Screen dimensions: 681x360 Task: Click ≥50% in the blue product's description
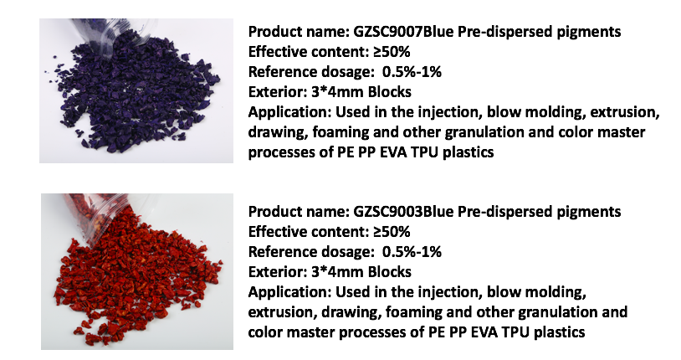click(392, 52)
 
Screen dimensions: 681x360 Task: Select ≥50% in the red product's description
click(392, 232)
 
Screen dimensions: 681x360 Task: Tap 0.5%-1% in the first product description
click(412, 72)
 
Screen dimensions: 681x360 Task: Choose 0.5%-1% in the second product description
click(412, 252)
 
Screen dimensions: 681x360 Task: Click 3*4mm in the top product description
click(337, 92)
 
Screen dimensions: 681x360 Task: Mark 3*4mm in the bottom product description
click(337, 272)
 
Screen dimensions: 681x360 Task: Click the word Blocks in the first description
click(390, 92)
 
